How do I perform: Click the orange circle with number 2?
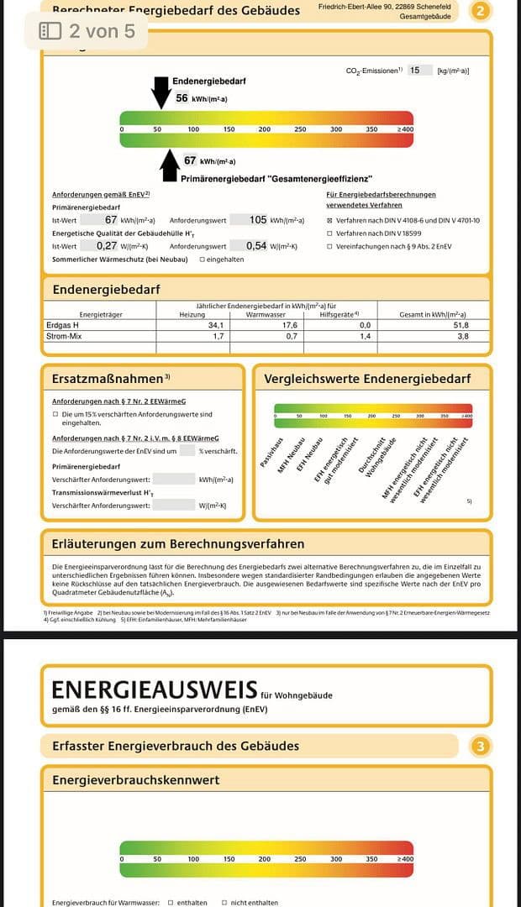point(480,11)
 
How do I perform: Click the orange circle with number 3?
point(480,746)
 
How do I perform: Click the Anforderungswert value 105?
point(258,220)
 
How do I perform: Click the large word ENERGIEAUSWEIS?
point(154,689)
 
